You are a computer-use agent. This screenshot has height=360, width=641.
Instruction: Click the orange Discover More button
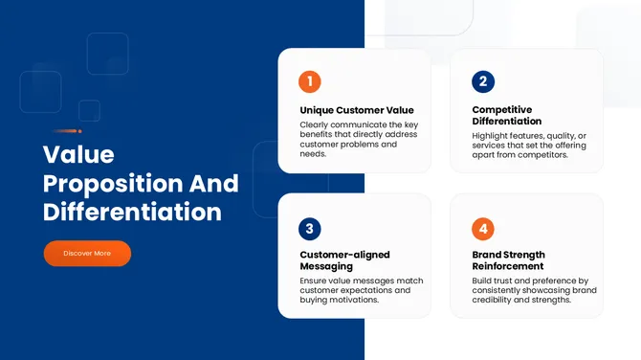coord(87,253)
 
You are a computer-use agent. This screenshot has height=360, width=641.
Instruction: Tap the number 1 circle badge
coord(310,81)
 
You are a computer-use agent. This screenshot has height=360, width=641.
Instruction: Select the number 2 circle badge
coord(483,81)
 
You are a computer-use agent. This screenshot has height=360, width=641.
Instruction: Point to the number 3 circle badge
coord(310,229)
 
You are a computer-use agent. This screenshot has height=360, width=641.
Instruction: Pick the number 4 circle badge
coord(483,229)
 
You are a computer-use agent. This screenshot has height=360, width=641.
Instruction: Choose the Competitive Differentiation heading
coord(506,116)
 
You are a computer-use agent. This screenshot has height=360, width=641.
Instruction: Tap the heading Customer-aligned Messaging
coord(344,260)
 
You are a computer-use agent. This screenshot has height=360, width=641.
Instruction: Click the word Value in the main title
coord(78,154)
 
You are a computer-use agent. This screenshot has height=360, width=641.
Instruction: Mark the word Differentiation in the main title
coord(132,212)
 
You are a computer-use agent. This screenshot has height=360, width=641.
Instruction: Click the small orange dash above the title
coord(67,131)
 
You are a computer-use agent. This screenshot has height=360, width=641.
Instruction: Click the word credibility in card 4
coord(497,300)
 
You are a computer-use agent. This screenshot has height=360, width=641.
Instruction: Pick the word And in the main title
coord(218,183)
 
